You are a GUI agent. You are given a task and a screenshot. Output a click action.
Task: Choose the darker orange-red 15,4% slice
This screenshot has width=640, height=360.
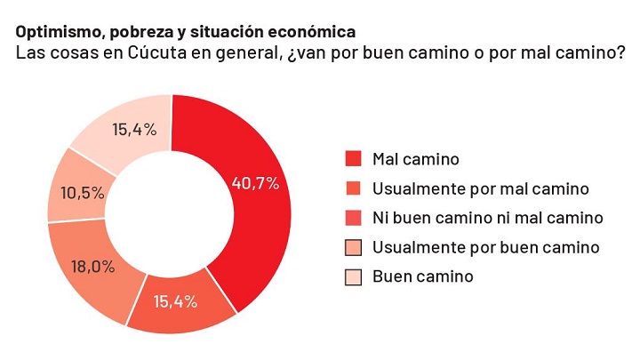[178, 307]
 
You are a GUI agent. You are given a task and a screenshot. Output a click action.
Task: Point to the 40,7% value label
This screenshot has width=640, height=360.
[255, 183]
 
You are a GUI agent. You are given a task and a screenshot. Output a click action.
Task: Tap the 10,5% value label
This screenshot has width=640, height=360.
[82, 192]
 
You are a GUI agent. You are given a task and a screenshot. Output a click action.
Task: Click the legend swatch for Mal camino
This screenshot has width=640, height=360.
[353, 159]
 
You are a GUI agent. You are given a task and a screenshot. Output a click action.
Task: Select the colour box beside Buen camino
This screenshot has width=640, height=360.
[353, 276]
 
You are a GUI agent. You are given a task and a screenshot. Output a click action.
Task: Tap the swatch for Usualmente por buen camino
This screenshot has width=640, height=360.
[353, 247]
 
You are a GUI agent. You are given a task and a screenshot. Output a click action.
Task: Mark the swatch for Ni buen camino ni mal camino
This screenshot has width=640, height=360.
[353, 218]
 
